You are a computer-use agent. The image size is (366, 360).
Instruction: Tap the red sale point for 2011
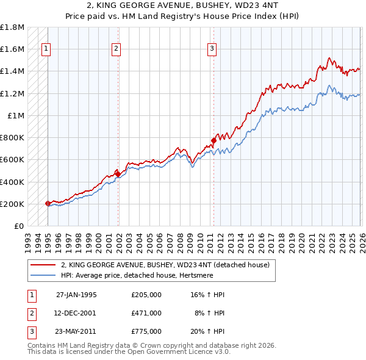click(213, 140)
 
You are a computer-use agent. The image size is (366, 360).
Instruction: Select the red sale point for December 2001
click(118, 174)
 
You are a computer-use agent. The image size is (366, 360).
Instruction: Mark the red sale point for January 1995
click(48, 203)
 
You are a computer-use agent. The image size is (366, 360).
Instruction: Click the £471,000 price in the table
click(146, 312)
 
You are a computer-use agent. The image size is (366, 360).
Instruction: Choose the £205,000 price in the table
click(146, 294)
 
